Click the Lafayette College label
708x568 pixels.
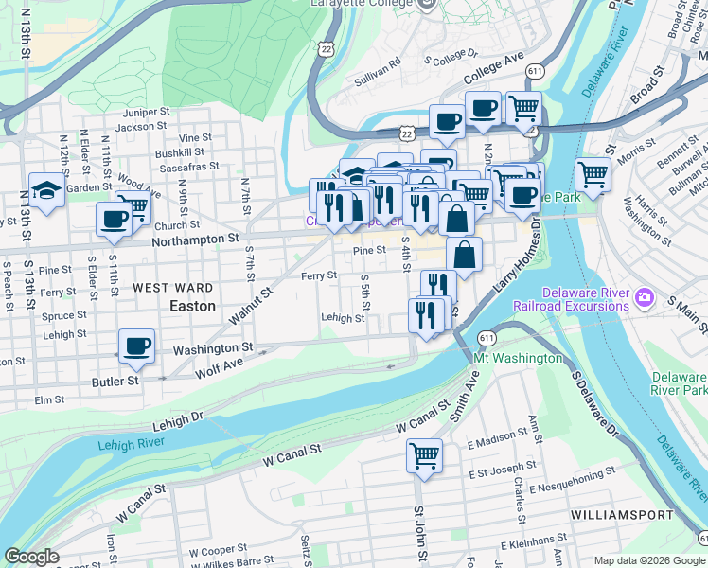pos(363,5)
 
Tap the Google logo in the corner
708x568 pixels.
pos(31,557)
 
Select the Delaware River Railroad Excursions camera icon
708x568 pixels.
pos(646,299)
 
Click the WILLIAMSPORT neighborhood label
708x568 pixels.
pos(622,514)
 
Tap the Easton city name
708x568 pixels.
pos(192,307)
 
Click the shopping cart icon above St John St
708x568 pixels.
pos(424,455)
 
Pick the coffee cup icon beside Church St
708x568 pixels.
pos(114,219)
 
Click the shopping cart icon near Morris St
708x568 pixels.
pos(593,173)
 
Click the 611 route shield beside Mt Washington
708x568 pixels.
pos(487,337)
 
